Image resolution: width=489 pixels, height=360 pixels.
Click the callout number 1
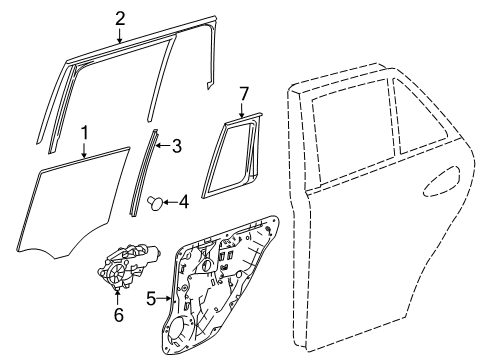(x=85, y=133)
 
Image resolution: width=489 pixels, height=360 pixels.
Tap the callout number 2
(x=120, y=19)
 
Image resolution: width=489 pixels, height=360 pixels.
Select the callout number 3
(x=176, y=146)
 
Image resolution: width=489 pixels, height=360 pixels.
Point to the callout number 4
(x=184, y=202)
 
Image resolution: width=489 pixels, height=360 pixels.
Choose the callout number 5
(x=151, y=298)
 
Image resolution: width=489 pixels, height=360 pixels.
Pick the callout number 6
(x=119, y=315)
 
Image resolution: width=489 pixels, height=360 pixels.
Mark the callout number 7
(x=244, y=94)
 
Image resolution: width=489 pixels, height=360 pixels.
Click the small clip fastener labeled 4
(x=155, y=203)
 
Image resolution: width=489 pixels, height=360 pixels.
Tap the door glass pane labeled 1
(x=72, y=203)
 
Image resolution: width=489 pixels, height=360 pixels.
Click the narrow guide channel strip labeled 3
(x=143, y=173)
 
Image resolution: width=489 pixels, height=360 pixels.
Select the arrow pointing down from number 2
(x=120, y=35)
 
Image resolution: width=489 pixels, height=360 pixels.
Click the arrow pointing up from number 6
(x=117, y=298)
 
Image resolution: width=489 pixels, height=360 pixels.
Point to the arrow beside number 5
(x=164, y=298)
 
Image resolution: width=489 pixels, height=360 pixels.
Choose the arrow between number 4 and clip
(x=170, y=202)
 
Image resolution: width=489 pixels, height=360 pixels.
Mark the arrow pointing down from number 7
(x=242, y=110)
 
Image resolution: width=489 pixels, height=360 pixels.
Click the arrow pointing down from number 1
(x=84, y=150)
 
